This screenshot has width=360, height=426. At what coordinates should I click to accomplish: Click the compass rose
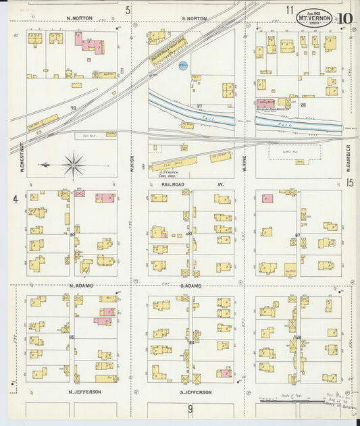point(73,163)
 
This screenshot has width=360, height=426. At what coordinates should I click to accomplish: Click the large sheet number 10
point(345,20)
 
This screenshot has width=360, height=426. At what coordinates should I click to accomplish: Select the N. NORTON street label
point(79,19)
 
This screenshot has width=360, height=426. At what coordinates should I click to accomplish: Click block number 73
point(73,107)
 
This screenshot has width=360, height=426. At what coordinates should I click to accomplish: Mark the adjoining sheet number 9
point(190,408)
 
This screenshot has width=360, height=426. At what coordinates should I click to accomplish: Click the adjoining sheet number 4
point(14,199)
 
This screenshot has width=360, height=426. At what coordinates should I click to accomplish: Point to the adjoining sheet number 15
point(350,183)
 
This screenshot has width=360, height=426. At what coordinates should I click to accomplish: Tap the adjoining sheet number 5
point(128,9)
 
